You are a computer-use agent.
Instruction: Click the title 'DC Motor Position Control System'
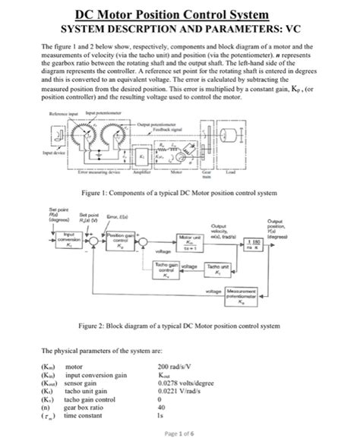[x=179, y=14]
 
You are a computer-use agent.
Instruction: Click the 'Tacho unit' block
[x=216, y=270]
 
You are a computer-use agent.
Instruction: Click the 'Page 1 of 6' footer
[x=180, y=432]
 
